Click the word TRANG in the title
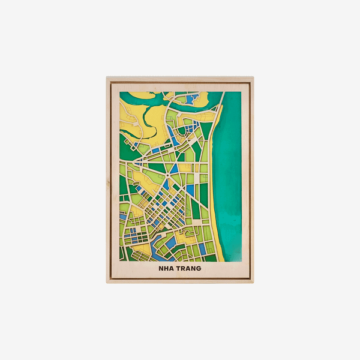(188, 268)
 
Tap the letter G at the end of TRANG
(199, 268)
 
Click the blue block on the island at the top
(193, 100)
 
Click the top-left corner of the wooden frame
(108, 78)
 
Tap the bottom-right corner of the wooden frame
(252, 281)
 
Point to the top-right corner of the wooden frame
(252, 78)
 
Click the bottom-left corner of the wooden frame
(108, 281)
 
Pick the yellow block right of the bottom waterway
(186, 240)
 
